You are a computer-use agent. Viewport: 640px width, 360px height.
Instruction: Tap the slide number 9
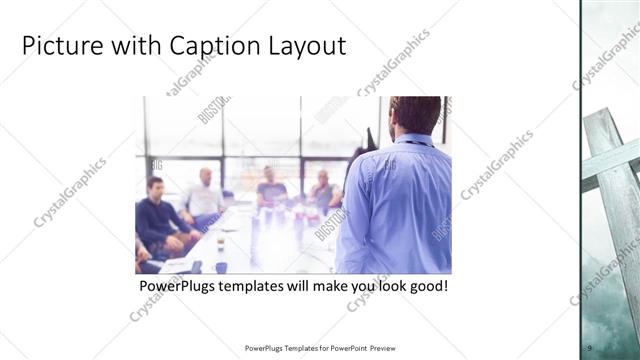pyautogui.click(x=590, y=345)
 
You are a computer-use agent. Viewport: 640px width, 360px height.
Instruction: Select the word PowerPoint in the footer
pyautogui.click(x=346, y=348)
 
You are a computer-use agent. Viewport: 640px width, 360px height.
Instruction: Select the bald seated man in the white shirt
pyautogui.click(x=205, y=195)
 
